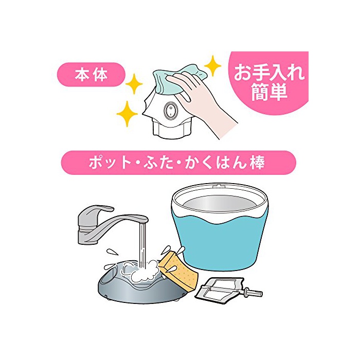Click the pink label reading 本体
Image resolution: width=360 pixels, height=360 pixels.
91,75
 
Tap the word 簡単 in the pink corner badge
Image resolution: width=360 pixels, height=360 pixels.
269,92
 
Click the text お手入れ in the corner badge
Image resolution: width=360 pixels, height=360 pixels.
269,72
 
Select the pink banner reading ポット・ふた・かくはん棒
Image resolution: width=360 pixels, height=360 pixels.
178,163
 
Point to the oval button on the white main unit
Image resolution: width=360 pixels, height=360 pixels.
171,111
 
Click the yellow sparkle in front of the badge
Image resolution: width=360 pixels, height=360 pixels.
212,66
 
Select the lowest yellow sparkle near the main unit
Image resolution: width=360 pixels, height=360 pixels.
127,114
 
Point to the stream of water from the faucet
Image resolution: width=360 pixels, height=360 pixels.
142,246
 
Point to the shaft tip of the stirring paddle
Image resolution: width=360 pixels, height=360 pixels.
261,294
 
